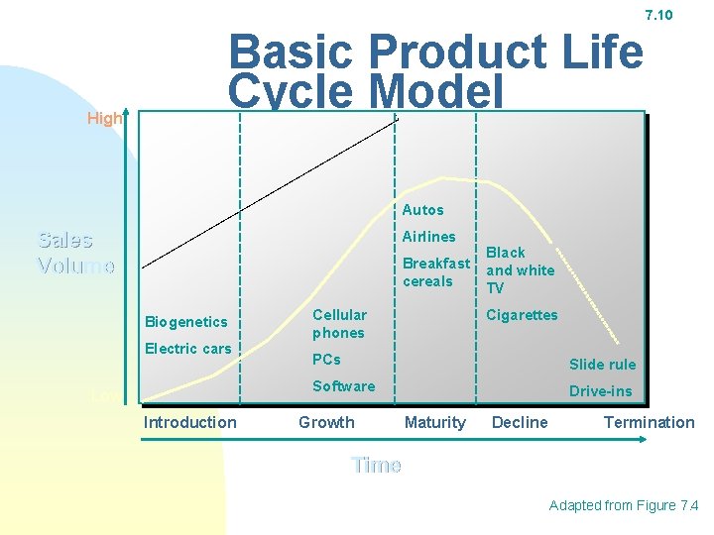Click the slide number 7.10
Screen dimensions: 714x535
(658, 15)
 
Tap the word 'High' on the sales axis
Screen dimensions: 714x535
(104, 119)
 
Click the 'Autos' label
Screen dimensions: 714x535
(423, 210)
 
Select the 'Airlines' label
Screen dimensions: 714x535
(428, 237)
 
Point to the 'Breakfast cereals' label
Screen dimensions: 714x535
(435, 272)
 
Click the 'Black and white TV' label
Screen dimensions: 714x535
(520, 269)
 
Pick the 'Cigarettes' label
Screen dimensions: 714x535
(522, 315)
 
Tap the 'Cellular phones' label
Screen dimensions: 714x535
(339, 324)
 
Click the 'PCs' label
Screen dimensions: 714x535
(326, 360)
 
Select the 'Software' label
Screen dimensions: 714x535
(343, 386)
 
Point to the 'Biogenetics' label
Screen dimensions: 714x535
(186, 321)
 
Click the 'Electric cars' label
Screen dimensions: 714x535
(187, 348)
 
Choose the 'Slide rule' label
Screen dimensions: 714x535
(602, 365)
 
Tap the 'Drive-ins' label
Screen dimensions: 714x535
(600, 391)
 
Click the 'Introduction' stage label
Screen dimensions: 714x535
(190, 422)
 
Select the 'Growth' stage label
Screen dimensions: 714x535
(326, 422)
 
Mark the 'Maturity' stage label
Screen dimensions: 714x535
(434, 422)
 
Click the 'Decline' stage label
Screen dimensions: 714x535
(520, 422)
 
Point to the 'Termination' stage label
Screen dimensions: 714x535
(649, 422)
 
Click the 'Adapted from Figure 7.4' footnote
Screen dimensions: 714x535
(624, 505)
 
